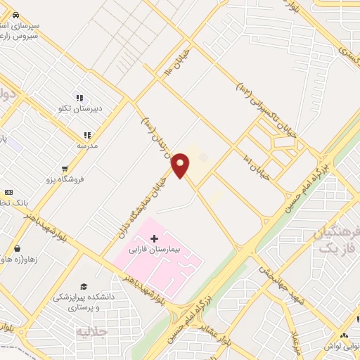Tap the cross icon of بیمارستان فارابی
[x=154, y=238]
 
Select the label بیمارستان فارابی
[x=154, y=250]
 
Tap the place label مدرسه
[x=87, y=146]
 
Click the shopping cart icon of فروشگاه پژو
[x=65, y=169]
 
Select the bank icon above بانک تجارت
[x=8, y=192]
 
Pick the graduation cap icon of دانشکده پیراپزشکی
[x=84, y=286]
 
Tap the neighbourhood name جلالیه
[x=91, y=330]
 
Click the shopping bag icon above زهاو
[x=16, y=248]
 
